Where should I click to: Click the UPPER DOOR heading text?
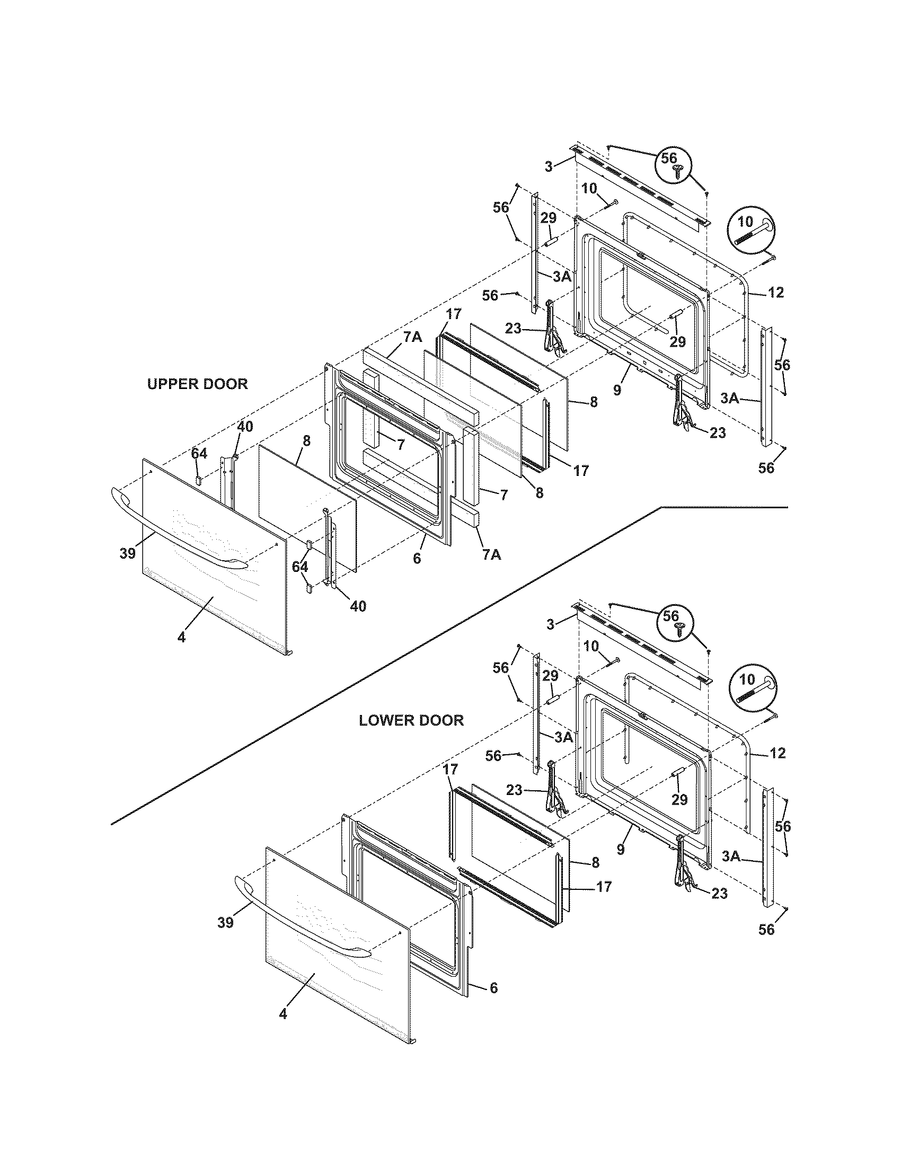tap(198, 384)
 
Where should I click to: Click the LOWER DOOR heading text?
tap(411, 720)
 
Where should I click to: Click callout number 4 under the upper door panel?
tap(181, 637)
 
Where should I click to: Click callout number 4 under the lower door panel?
tap(283, 1028)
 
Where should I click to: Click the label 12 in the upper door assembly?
tap(776, 293)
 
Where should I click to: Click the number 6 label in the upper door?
tap(417, 559)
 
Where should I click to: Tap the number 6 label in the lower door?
tap(493, 988)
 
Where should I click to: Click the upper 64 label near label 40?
tap(199, 454)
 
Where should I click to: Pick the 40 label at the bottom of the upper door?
tap(358, 606)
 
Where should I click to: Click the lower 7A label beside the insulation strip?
tap(492, 555)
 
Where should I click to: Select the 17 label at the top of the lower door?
tap(450, 770)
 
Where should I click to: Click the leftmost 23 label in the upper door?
tap(513, 329)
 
